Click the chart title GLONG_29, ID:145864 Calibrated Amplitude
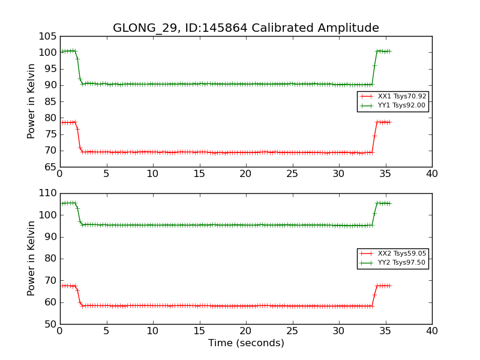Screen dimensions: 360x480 tap(246, 28)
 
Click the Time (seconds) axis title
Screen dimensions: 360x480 tap(246, 343)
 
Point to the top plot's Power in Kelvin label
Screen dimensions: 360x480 tap(31, 101)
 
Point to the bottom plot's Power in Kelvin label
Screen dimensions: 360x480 tap(31, 259)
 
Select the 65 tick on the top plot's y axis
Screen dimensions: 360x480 tap(49, 167)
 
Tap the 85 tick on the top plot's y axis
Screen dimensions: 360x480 tap(49, 101)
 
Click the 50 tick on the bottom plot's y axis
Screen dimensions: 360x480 tap(49, 324)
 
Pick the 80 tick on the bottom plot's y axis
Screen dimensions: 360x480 tap(49, 259)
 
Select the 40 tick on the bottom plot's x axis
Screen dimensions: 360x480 tap(432, 331)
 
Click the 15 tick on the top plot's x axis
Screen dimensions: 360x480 tap(199, 174)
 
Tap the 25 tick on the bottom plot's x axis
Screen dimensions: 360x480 tap(292, 331)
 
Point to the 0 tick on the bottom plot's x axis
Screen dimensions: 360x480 tap(60, 331)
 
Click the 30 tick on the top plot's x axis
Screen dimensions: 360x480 tap(339, 174)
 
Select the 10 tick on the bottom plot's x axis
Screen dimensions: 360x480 tap(153, 331)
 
